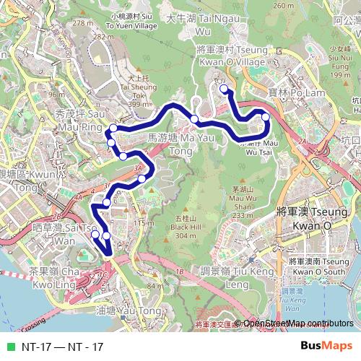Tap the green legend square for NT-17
9,347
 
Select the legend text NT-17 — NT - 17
62,347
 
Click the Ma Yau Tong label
170,142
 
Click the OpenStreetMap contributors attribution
297,325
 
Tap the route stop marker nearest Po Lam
265,116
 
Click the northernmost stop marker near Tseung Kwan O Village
224,89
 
